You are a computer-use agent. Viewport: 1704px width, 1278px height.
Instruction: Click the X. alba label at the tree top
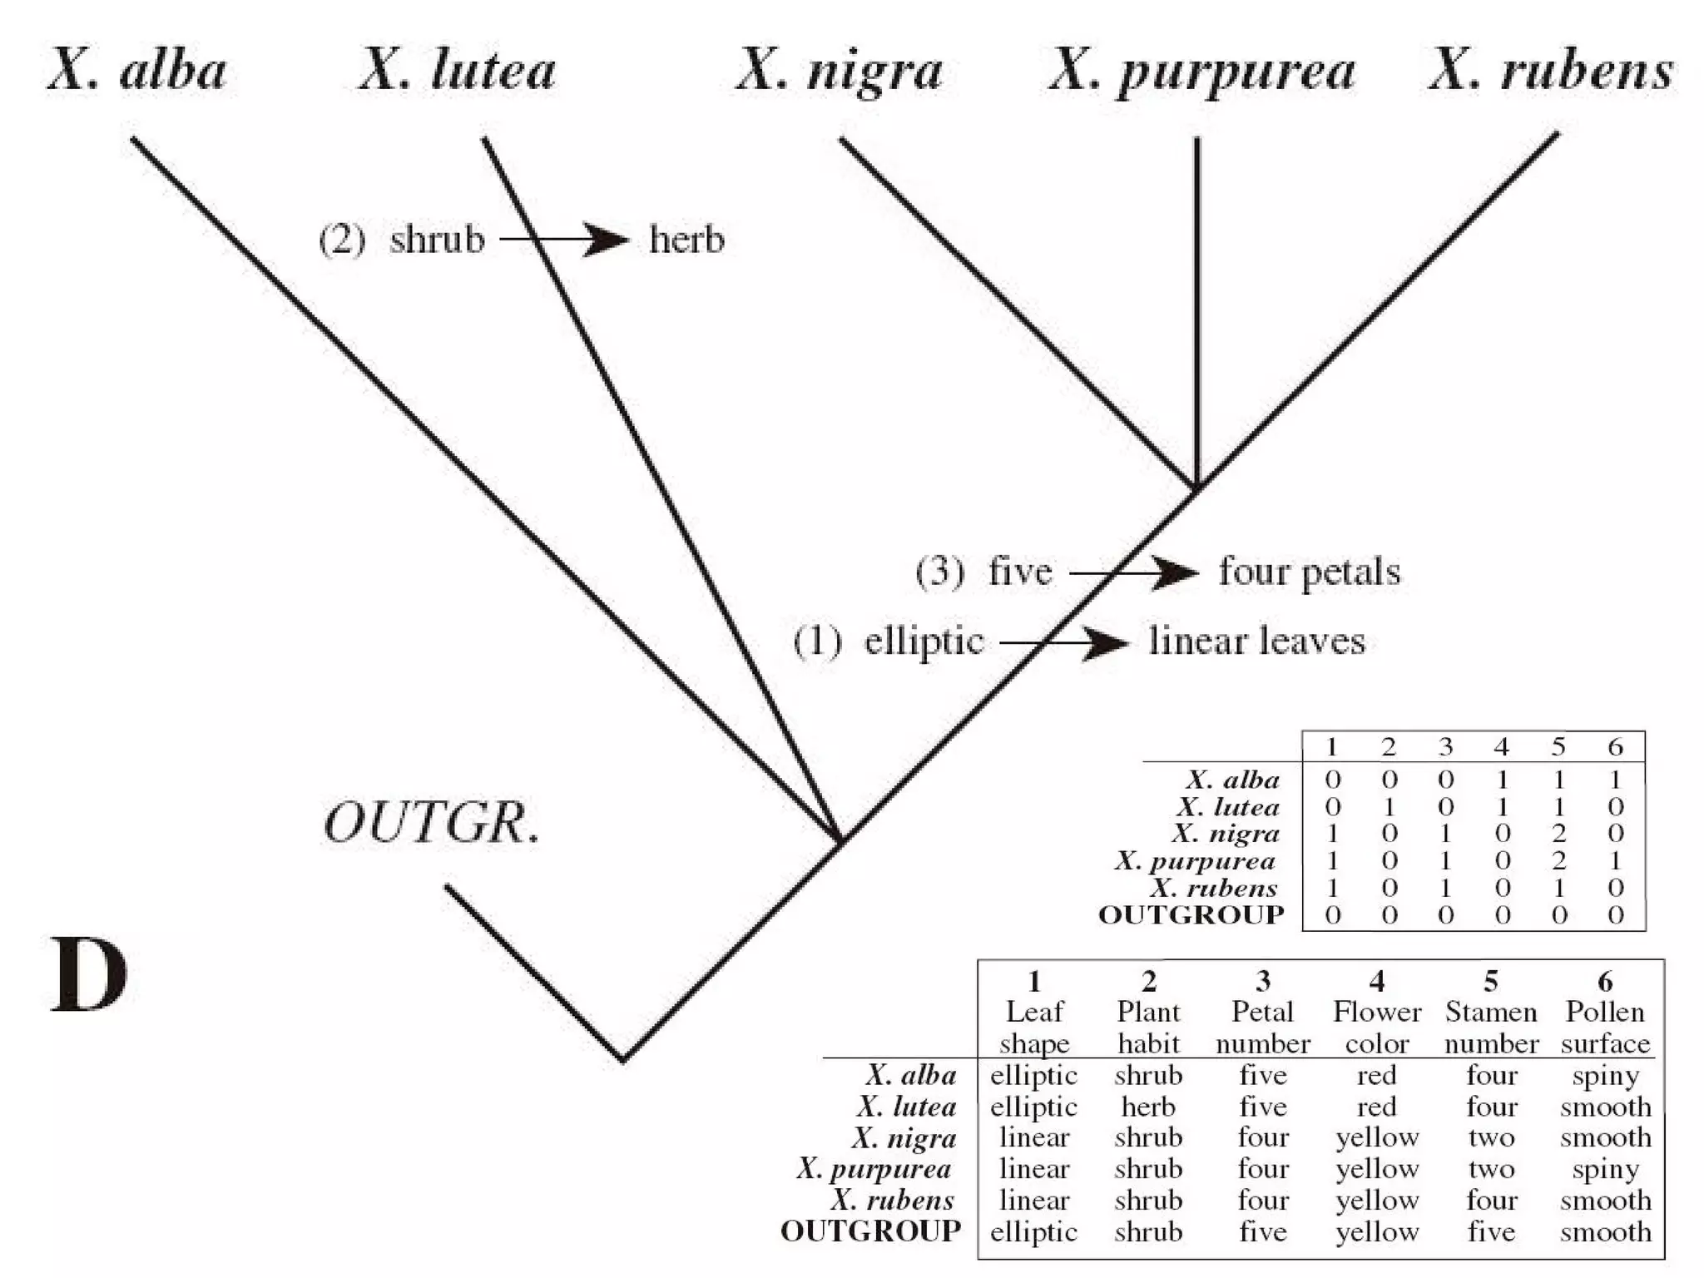pos(137,71)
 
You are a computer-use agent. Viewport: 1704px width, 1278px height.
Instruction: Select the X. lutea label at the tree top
pos(458,71)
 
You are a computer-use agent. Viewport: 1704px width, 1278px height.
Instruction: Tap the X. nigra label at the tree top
pos(840,71)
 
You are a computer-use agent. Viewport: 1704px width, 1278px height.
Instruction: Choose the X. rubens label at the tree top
pos(1552,71)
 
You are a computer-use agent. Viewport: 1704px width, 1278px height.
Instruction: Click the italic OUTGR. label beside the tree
pos(432,824)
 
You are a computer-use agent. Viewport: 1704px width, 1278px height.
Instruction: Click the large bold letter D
pos(90,974)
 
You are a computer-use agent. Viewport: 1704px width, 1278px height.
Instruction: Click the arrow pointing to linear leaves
pos(1064,642)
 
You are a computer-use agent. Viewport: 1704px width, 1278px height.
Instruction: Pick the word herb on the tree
pos(686,240)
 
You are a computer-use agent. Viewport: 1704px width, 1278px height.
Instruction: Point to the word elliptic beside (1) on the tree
pos(924,641)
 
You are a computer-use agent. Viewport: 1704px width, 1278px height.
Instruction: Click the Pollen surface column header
pos(1605,1027)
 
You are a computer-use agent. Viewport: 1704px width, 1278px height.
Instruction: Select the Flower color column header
pos(1377,1027)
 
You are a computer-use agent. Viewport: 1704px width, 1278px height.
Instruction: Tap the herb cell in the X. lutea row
pos(1148,1107)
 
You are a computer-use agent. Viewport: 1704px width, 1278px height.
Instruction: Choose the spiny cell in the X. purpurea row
pos(1605,1169)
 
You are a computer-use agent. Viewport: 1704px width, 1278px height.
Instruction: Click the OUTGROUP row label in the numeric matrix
pos(1191,914)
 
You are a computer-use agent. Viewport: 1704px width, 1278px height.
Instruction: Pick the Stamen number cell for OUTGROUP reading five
pos(1491,1231)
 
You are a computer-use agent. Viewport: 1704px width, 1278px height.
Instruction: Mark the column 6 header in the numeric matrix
pos(1615,746)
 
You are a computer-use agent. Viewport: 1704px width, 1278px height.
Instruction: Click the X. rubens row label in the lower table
pos(892,1200)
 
